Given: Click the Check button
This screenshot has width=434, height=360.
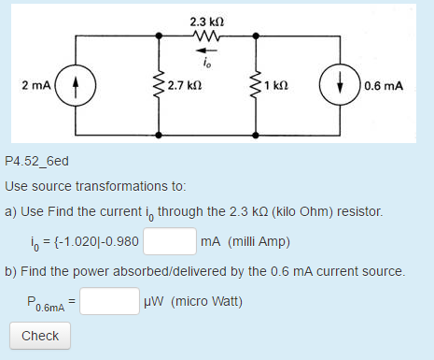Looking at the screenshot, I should tap(39, 336).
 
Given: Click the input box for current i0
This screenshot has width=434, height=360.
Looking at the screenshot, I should tap(169, 242).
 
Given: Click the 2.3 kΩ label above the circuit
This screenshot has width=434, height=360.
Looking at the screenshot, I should tap(205, 21).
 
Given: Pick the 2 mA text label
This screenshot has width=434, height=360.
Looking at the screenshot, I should tap(37, 85).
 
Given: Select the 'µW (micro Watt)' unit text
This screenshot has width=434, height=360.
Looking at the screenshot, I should tap(192, 302).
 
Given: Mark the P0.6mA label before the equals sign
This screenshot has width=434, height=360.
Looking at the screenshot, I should tap(46, 303).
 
